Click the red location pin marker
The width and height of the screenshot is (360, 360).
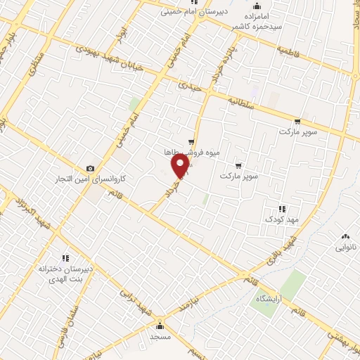(x=181, y=166)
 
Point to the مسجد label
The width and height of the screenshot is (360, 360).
(x=160, y=337)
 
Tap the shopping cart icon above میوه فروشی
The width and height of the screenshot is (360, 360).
(x=191, y=141)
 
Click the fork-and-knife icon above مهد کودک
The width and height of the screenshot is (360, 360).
(x=282, y=208)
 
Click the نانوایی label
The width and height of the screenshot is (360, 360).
(x=345, y=248)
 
